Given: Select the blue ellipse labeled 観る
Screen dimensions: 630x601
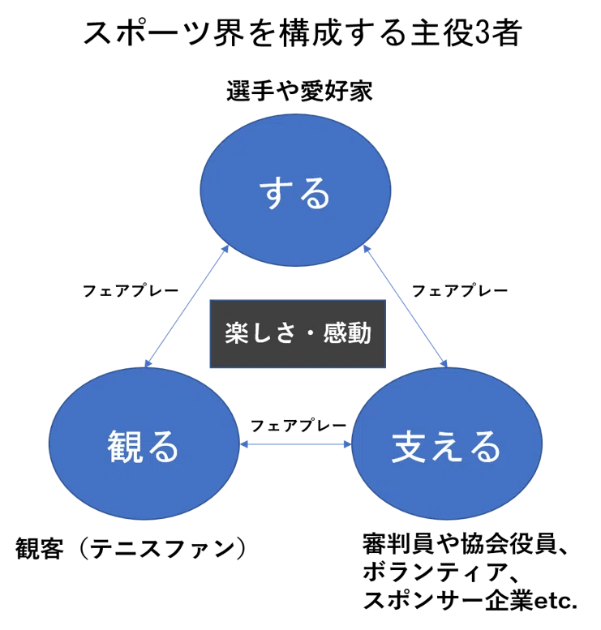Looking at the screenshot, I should pyautogui.click(x=144, y=445).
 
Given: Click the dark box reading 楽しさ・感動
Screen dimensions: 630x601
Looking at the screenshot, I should pyautogui.click(x=298, y=333).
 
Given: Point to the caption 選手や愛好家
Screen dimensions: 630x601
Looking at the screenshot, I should pyautogui.click(x=299, y=92).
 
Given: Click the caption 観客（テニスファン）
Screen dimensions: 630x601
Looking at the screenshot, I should pyautogui.click(x=131, y=549).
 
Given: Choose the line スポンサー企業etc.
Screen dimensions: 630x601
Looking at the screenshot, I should pyautogui.click(x=470, y=601).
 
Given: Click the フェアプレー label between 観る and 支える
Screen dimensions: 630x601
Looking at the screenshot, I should pyautogui.click(x=298, y=425).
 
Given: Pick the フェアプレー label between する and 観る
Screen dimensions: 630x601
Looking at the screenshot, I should pyautogui.click(x=131, y=290).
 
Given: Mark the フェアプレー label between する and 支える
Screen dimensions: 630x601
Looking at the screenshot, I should pyautogui.click(x=460, y=290).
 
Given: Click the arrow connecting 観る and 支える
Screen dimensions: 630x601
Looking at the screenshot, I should pyautogui.click(x=298, y=444).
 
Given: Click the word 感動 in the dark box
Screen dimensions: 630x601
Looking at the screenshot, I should pyautogui.click(x=347, y=333).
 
